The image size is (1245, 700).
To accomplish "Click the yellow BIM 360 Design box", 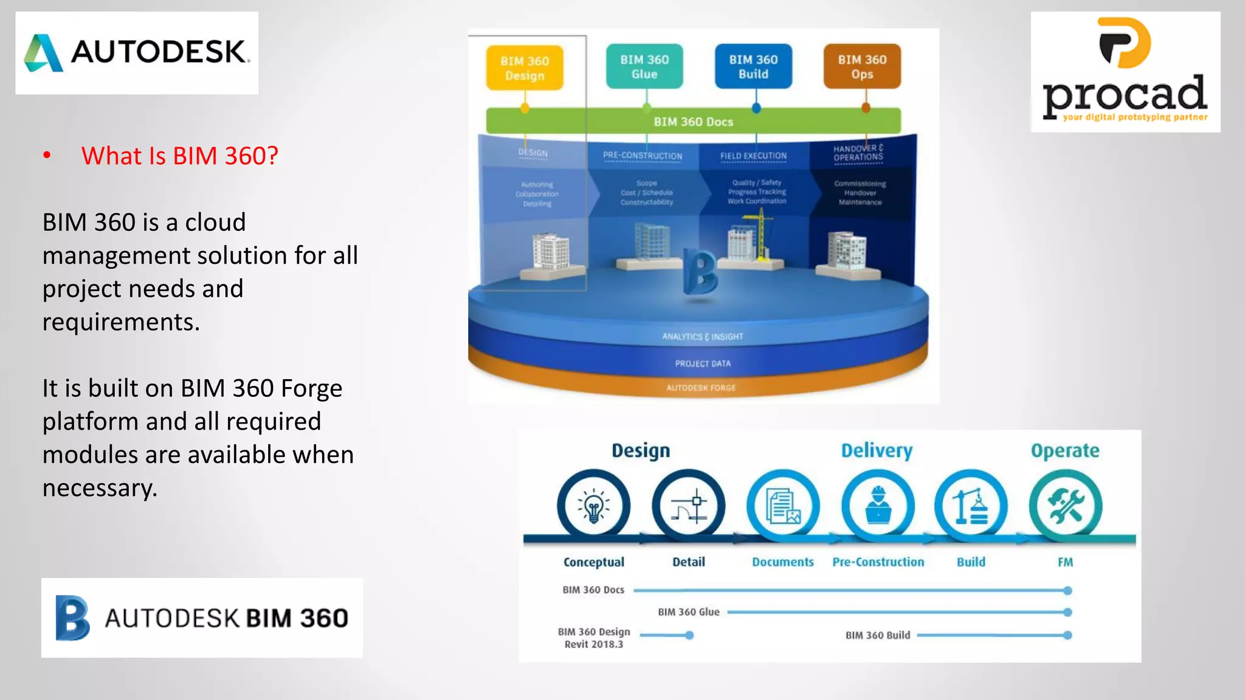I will pos(525,68).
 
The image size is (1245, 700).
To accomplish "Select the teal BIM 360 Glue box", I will pos(644,67).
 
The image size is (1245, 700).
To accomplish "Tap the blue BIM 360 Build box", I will pos(753,67).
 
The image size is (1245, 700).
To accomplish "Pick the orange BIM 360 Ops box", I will pos(862,67).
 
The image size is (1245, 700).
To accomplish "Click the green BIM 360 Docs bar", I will pos(693,122).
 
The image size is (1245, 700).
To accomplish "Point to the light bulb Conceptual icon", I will pos(593,506).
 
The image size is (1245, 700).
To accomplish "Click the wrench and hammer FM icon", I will pos(1065,506).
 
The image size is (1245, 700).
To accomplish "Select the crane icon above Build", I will pos(971,506).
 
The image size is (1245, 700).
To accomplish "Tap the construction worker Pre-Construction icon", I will pos(878,506).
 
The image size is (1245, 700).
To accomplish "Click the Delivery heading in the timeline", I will pos(877,450).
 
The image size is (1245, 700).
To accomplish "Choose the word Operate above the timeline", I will pos(1065,450).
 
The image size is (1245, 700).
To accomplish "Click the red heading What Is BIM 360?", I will pos(180,156).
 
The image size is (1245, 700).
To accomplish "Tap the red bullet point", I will pos(47,156).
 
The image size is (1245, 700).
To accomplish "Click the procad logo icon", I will pos(1125,43).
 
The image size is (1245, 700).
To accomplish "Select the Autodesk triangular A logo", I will pos(44,53).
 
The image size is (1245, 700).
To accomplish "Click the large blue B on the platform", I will pos(700,272).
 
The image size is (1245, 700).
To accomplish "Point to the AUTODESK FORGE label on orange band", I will pos(701,388).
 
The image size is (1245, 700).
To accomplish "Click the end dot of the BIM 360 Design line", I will pos(689,635).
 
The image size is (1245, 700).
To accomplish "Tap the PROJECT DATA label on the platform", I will pos(703,363).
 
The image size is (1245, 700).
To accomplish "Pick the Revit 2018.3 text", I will pos(593,645).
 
